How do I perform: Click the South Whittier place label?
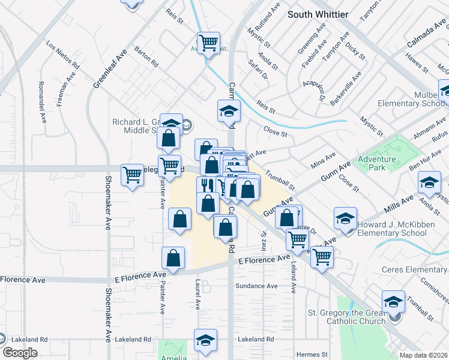click(318, 14)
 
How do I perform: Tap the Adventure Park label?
click(376, 163)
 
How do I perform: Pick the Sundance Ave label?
click(256, 286)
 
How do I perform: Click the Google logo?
click(20, 352)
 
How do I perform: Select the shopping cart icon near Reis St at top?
click(208, 43)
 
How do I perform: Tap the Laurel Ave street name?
click(196, 293)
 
